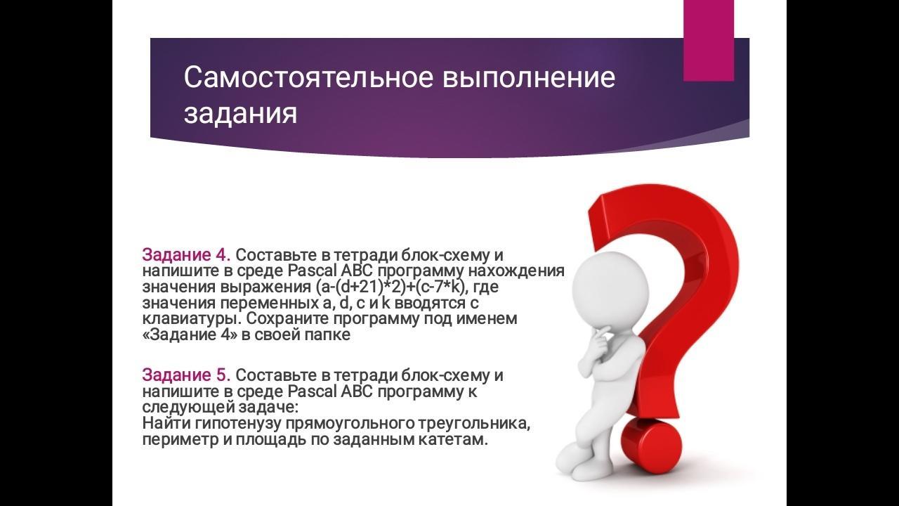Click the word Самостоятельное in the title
(x=308, y=77)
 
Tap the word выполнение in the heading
(x=529, y=77)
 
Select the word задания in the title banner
(x=240, y=114)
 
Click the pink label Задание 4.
(x=187, y=255)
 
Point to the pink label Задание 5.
(x=187, y=375)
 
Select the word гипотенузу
(x=239, y=424)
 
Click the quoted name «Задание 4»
(x=190, y=335)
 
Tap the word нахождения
(x=516, y=271)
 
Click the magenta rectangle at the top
(x=709, y=40)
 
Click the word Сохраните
(x=287, y=319)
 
